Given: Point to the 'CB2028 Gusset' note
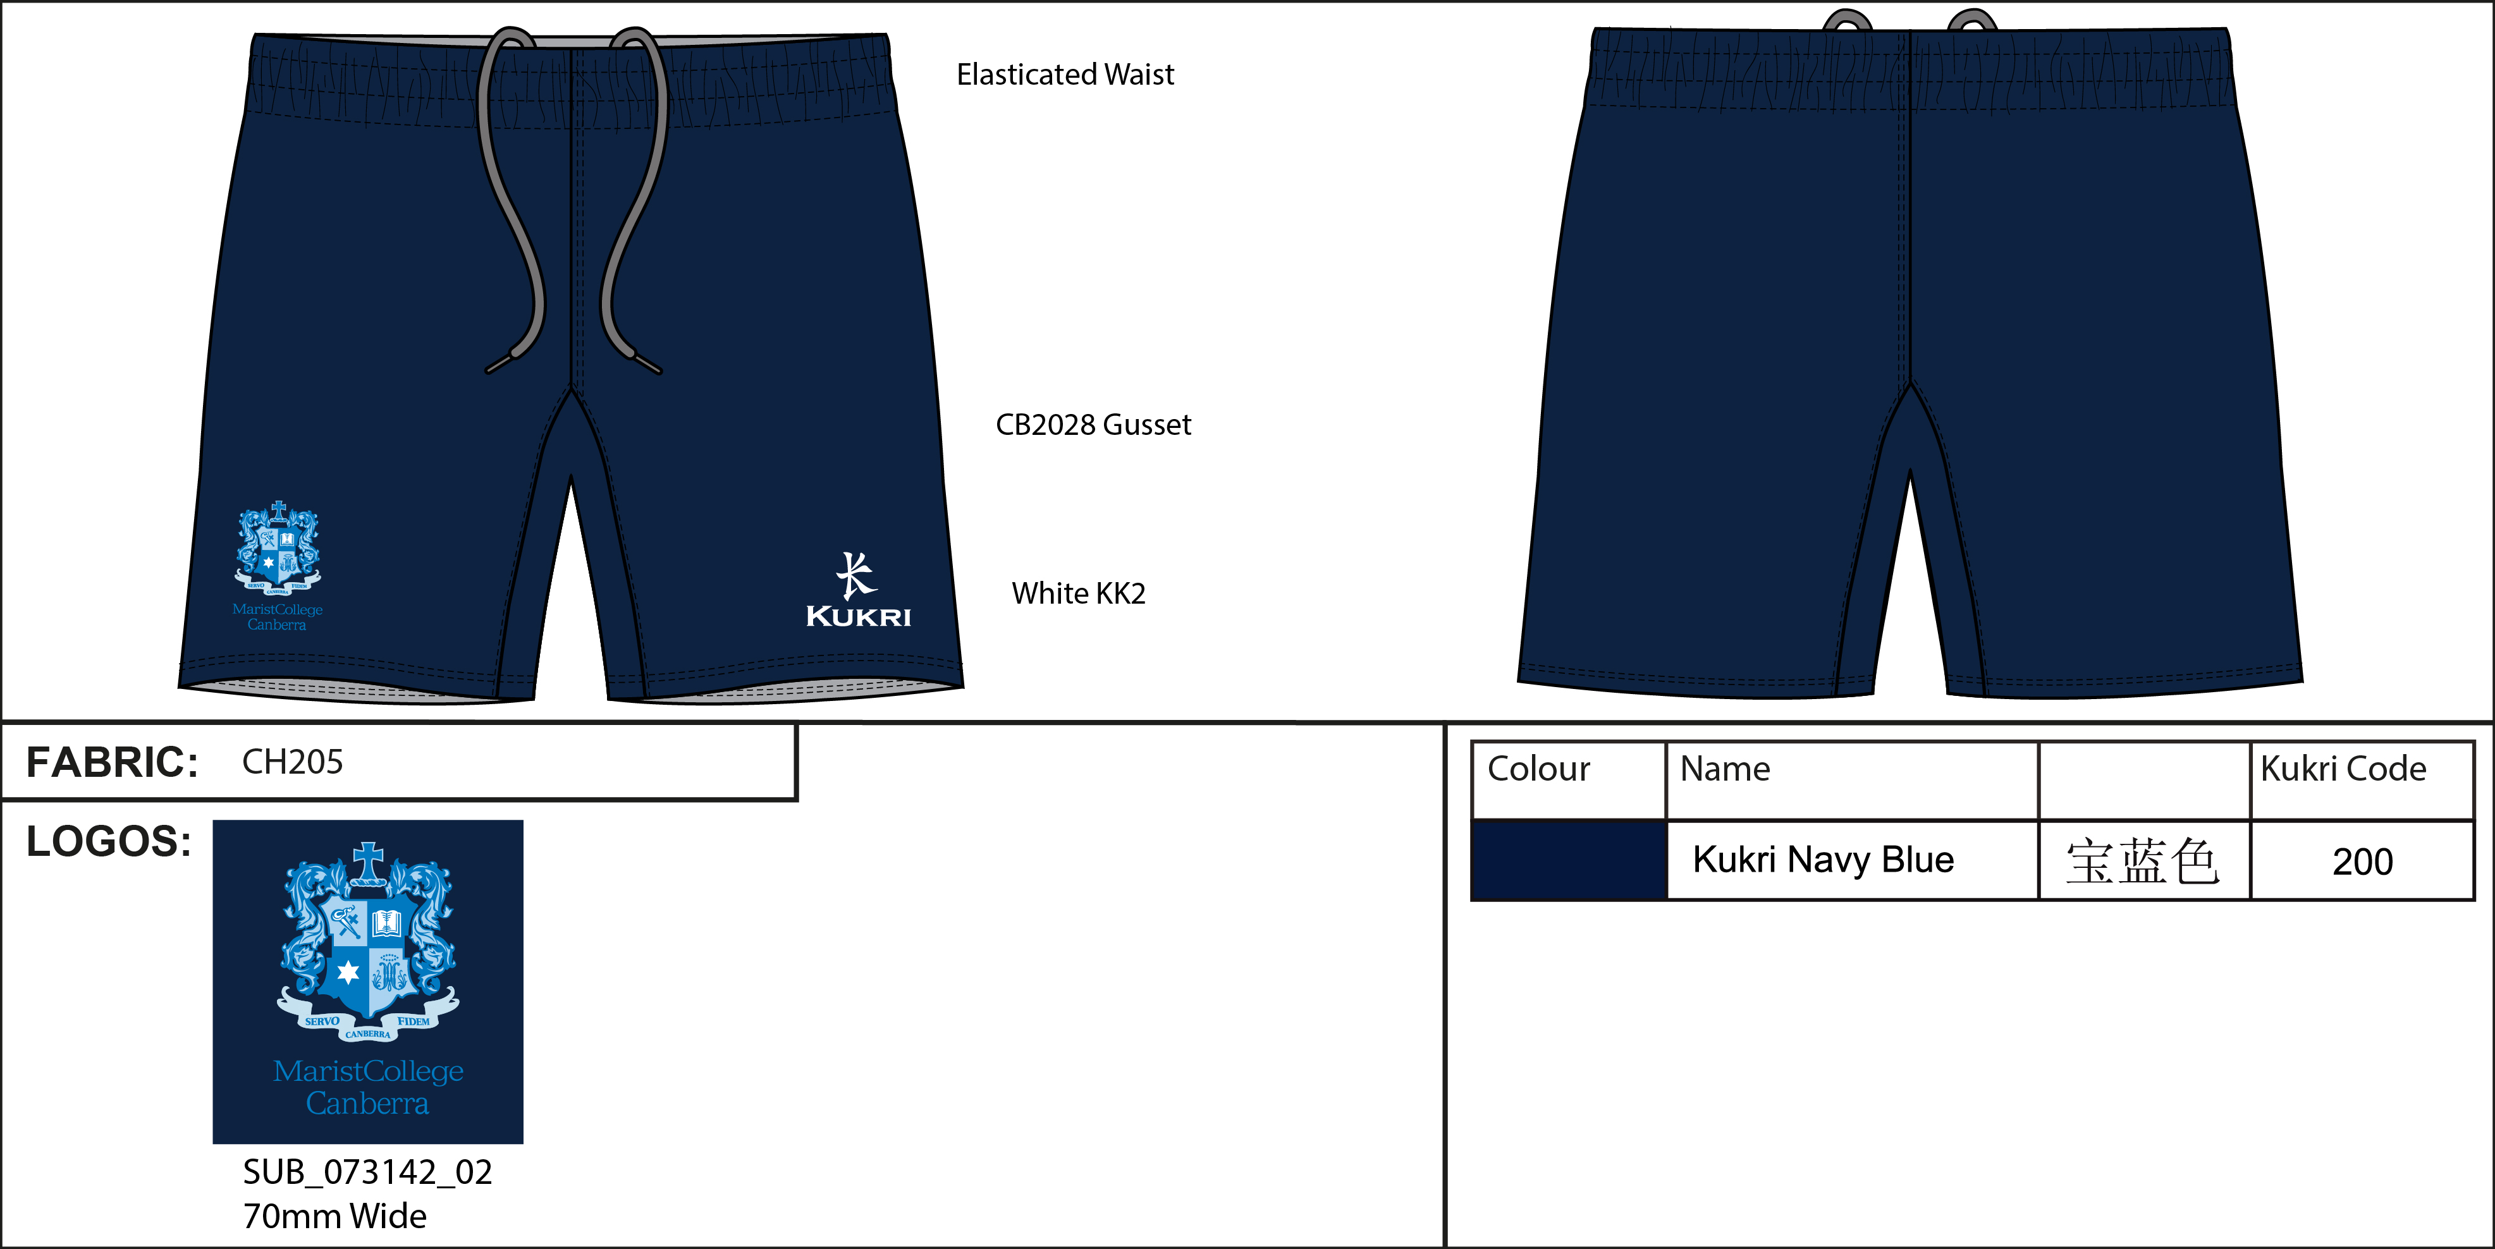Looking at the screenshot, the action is tap(1093, 424).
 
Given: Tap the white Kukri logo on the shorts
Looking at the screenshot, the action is tap(858, 590).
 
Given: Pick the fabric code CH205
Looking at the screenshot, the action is tap(293, 762).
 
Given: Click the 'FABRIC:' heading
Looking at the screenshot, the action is tap(111, 762).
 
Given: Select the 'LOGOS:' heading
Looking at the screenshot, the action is tap(109, 841).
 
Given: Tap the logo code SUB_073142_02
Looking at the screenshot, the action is tap(367, 1173).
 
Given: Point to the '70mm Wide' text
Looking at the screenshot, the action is tap(334, 1216).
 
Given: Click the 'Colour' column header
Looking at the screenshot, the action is tap(1538, 769).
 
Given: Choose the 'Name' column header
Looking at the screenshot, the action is tap(1725, 769).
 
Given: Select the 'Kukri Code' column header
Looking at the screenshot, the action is tap(2343, 769).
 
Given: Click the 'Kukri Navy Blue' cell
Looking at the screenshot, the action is tap(1823, 860).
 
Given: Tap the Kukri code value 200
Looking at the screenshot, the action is tap(2362, 862).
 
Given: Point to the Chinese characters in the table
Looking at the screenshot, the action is tap(2142, 862).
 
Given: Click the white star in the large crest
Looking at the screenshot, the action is tap(348, 972).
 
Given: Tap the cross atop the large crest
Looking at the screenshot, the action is tap(368, 862).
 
